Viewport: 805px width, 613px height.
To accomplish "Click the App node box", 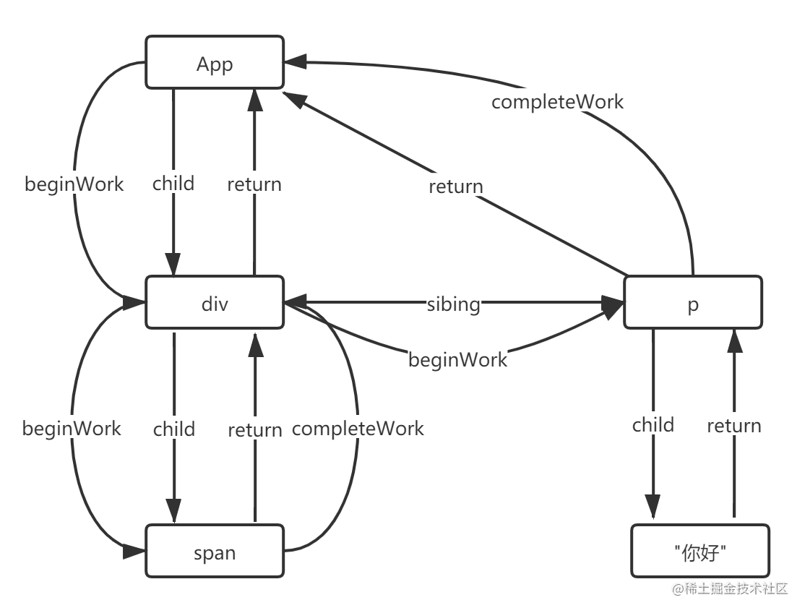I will pos(215,64).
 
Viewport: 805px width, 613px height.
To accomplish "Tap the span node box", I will pos(215,553).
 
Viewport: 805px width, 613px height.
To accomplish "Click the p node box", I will pos(692,304).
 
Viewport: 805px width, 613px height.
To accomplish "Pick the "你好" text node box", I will pos(699,553).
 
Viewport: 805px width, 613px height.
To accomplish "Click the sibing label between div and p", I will pos(453,304).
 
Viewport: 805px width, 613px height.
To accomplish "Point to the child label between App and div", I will pos(173,184).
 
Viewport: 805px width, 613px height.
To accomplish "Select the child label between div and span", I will pos(174,429).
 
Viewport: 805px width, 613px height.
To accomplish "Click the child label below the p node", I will pos(653,424).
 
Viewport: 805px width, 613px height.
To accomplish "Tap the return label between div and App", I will pos(254,184).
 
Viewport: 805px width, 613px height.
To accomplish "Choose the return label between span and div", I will pos(255,430).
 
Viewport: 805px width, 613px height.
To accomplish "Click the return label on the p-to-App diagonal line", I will pos(456,187).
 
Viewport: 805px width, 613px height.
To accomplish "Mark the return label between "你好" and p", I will pos(734,426).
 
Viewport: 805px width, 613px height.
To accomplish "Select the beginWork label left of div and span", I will pos(72,428).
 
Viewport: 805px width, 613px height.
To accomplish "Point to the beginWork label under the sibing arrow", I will pos(458,359).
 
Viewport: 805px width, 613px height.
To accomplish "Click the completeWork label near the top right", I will pos(557,102).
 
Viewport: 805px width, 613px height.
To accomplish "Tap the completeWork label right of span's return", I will pos(358,428).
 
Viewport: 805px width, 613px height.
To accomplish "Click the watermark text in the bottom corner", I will pos(728,588).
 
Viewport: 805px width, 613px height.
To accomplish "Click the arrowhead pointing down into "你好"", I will pos(653,505).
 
